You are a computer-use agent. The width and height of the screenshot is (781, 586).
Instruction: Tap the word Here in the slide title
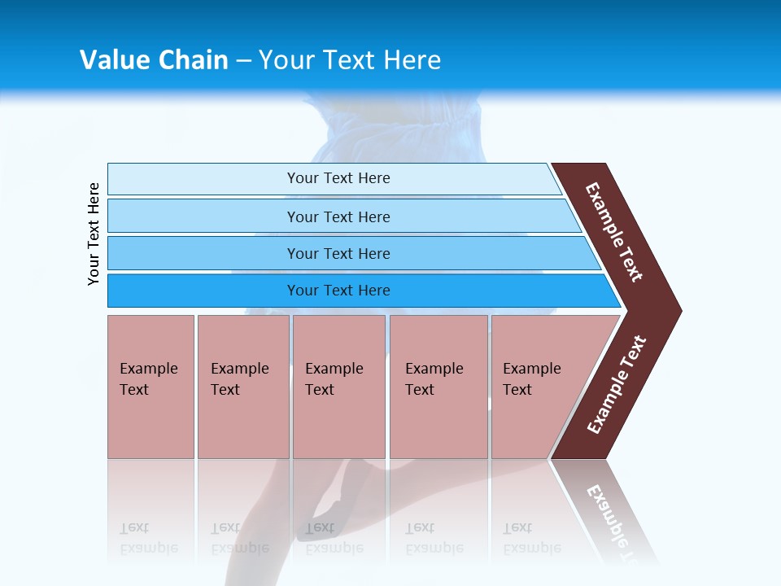pos(412,60)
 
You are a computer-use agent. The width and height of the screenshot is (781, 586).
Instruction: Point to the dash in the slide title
pos(243,61)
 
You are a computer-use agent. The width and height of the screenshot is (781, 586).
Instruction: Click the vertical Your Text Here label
pos(94,234)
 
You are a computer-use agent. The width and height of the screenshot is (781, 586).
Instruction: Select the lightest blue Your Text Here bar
pos(338,178)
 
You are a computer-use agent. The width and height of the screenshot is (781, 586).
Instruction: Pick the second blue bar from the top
pos(338,216)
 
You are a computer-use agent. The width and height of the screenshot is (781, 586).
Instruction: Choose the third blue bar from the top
pos(338,253)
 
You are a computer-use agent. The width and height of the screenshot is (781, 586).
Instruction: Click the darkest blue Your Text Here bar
pos(338,291)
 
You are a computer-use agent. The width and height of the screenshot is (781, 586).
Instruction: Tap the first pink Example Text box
pos(151,387)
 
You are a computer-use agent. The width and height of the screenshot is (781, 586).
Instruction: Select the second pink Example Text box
pos(243,387)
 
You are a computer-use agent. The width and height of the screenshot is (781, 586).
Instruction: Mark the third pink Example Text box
pos(338,387)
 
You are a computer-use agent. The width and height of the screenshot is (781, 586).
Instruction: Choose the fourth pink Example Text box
pos(438,387)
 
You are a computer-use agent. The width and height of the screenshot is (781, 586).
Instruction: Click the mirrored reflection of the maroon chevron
pos(606,509)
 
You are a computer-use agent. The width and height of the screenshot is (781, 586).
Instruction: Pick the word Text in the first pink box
pos(134,390)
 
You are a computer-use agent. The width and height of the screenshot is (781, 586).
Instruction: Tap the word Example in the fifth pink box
pos(532,369)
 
